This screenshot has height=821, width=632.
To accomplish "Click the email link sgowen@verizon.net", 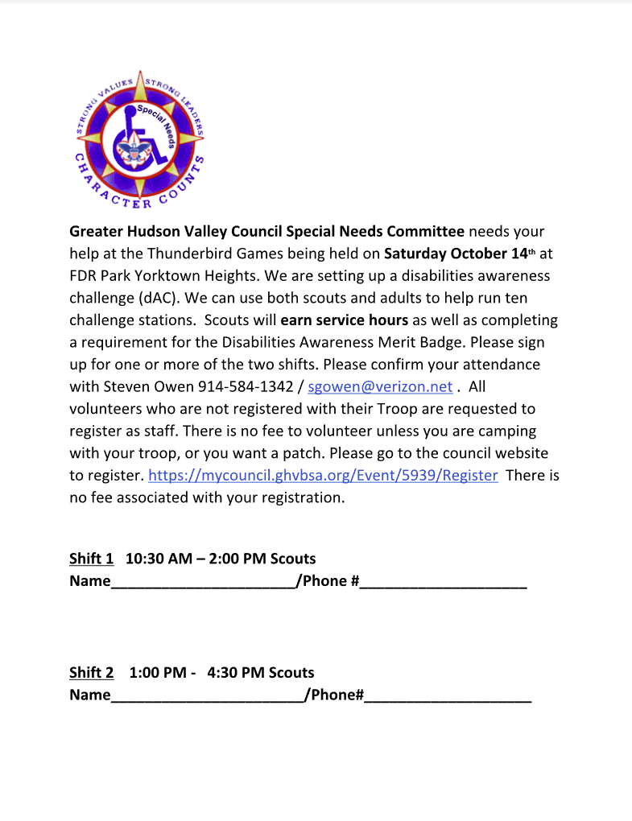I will pos(380,386).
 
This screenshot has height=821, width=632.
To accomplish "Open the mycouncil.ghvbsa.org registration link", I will pos(323,475).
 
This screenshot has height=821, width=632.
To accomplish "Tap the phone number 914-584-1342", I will pos(246,386).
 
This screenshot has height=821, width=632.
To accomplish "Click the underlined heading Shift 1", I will pos(91,559).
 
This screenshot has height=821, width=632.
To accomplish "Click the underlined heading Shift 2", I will pos(91,673).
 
